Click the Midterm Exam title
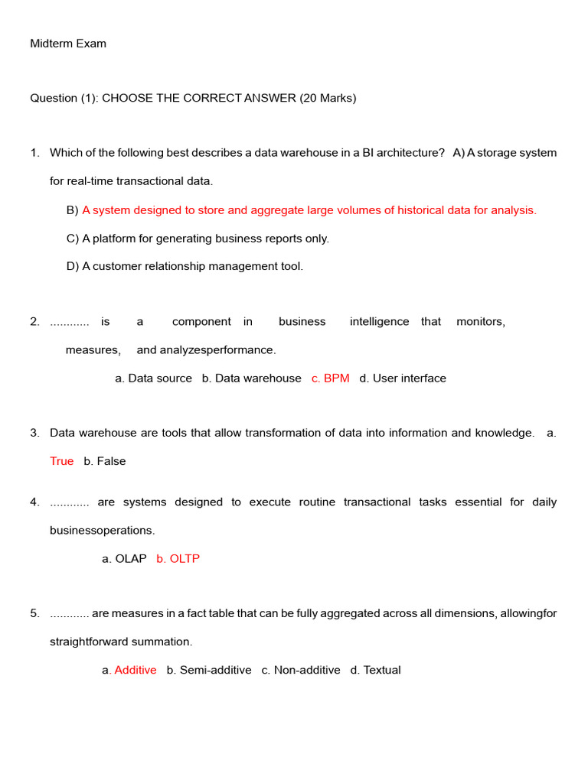coord(68,44)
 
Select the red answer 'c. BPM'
coord(331,378)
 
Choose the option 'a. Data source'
coord(153,378)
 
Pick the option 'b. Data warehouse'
coord(251,378)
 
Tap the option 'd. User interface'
coord(403,378)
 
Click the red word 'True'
coord(62,461)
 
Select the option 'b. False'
coord(105,461)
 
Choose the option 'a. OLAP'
coord(124,559)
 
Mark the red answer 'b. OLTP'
coord(178,559)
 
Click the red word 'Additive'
coord(136,670)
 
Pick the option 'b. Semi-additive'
coord(209,670)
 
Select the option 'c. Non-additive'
coord(301,670)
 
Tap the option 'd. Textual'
coord(375,670)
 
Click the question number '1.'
coord(34,153)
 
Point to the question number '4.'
coord(34,502)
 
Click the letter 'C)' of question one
coord(73,239)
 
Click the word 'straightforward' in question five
coord(87,642)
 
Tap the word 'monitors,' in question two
coord(481,322)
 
